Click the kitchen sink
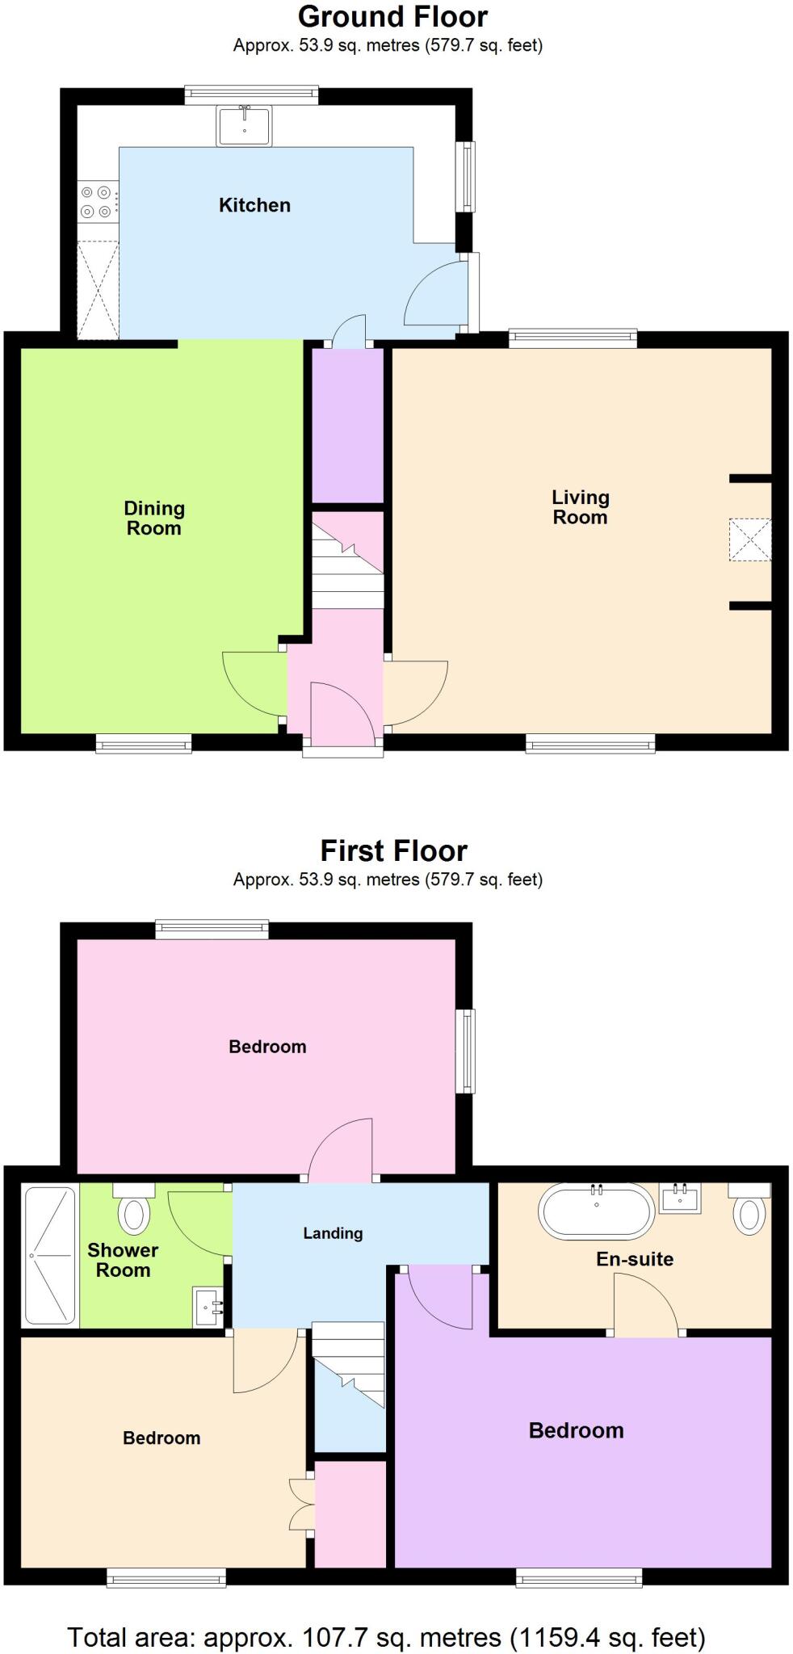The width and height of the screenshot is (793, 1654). click(x=244, y=125)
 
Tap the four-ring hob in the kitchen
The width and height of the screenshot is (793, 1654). click(x=96, y=202)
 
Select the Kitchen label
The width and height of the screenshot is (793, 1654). click(x=254, y=205)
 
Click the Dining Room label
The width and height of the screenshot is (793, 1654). click(x=154, y=518)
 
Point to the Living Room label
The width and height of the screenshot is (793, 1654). click(x=580, y=507)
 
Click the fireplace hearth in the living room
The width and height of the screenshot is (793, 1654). click(x=750, y=539)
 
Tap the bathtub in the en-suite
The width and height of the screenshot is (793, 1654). click(x=597, y=1211)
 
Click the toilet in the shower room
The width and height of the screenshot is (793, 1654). click(x=134, y=1208)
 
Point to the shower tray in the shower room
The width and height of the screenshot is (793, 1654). click(x=50, y=1255)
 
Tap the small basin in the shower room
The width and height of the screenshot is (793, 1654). click(x=208, y=1306)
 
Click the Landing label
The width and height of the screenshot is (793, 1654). click(x=333, y=1233)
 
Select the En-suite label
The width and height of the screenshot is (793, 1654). click(x=635, y=1259)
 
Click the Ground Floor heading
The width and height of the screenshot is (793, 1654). click(x=392, y=16)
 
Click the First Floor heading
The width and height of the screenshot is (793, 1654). click(x=393, y=850)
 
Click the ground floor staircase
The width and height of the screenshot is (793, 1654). click(x=348, y=565)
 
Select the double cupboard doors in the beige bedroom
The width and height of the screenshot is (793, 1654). click(x=300, y=1504)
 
